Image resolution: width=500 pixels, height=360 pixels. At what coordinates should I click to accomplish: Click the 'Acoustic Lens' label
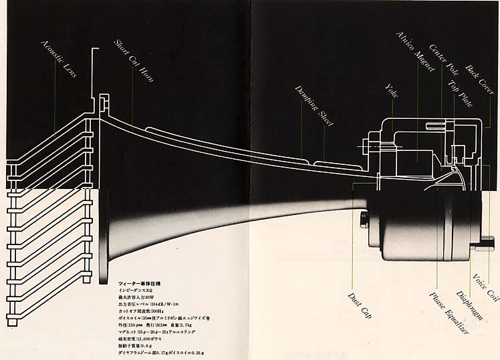tap(59, 59)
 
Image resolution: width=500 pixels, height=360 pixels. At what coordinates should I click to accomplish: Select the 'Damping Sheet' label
tap(314, 106)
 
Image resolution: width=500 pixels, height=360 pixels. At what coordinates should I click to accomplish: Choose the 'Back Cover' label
tap(480, 79)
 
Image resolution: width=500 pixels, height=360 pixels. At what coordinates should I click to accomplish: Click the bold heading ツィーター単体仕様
tap(139, 284)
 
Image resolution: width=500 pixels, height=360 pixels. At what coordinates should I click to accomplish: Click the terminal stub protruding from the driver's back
tap(485, 245)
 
